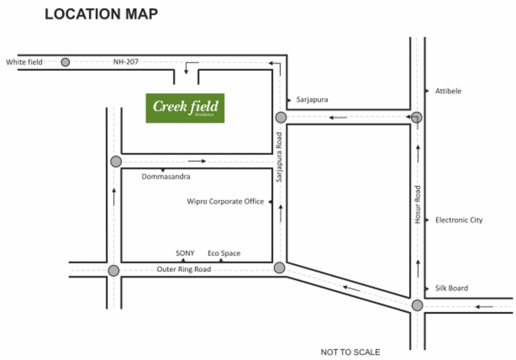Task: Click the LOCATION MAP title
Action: tap(101, 15)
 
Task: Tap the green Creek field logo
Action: tap(185, 108)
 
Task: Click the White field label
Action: tap(24, 62)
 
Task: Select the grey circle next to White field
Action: tap(65, 62)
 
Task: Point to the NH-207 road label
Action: tap(126, 61)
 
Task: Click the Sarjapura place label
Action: tap(312, 99)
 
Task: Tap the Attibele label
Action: tap(448, 91)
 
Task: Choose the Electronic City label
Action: tap(459, 220)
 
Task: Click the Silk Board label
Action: tap(451, 288)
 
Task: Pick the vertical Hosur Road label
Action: tap(418, 204)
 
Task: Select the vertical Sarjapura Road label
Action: tap(279, 157)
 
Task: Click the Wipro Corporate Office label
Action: tap(225, 202)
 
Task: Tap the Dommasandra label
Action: tap(166, 177)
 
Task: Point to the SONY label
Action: tap(185, 253)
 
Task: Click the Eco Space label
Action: tap(224, 253)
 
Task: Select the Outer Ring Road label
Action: tap(184, 269)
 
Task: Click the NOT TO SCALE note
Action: tap(350, 352)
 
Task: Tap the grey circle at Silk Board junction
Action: tap(417, 306)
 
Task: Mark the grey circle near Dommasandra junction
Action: tap(116, 162)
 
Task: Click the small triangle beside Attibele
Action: tap(427, 91)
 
